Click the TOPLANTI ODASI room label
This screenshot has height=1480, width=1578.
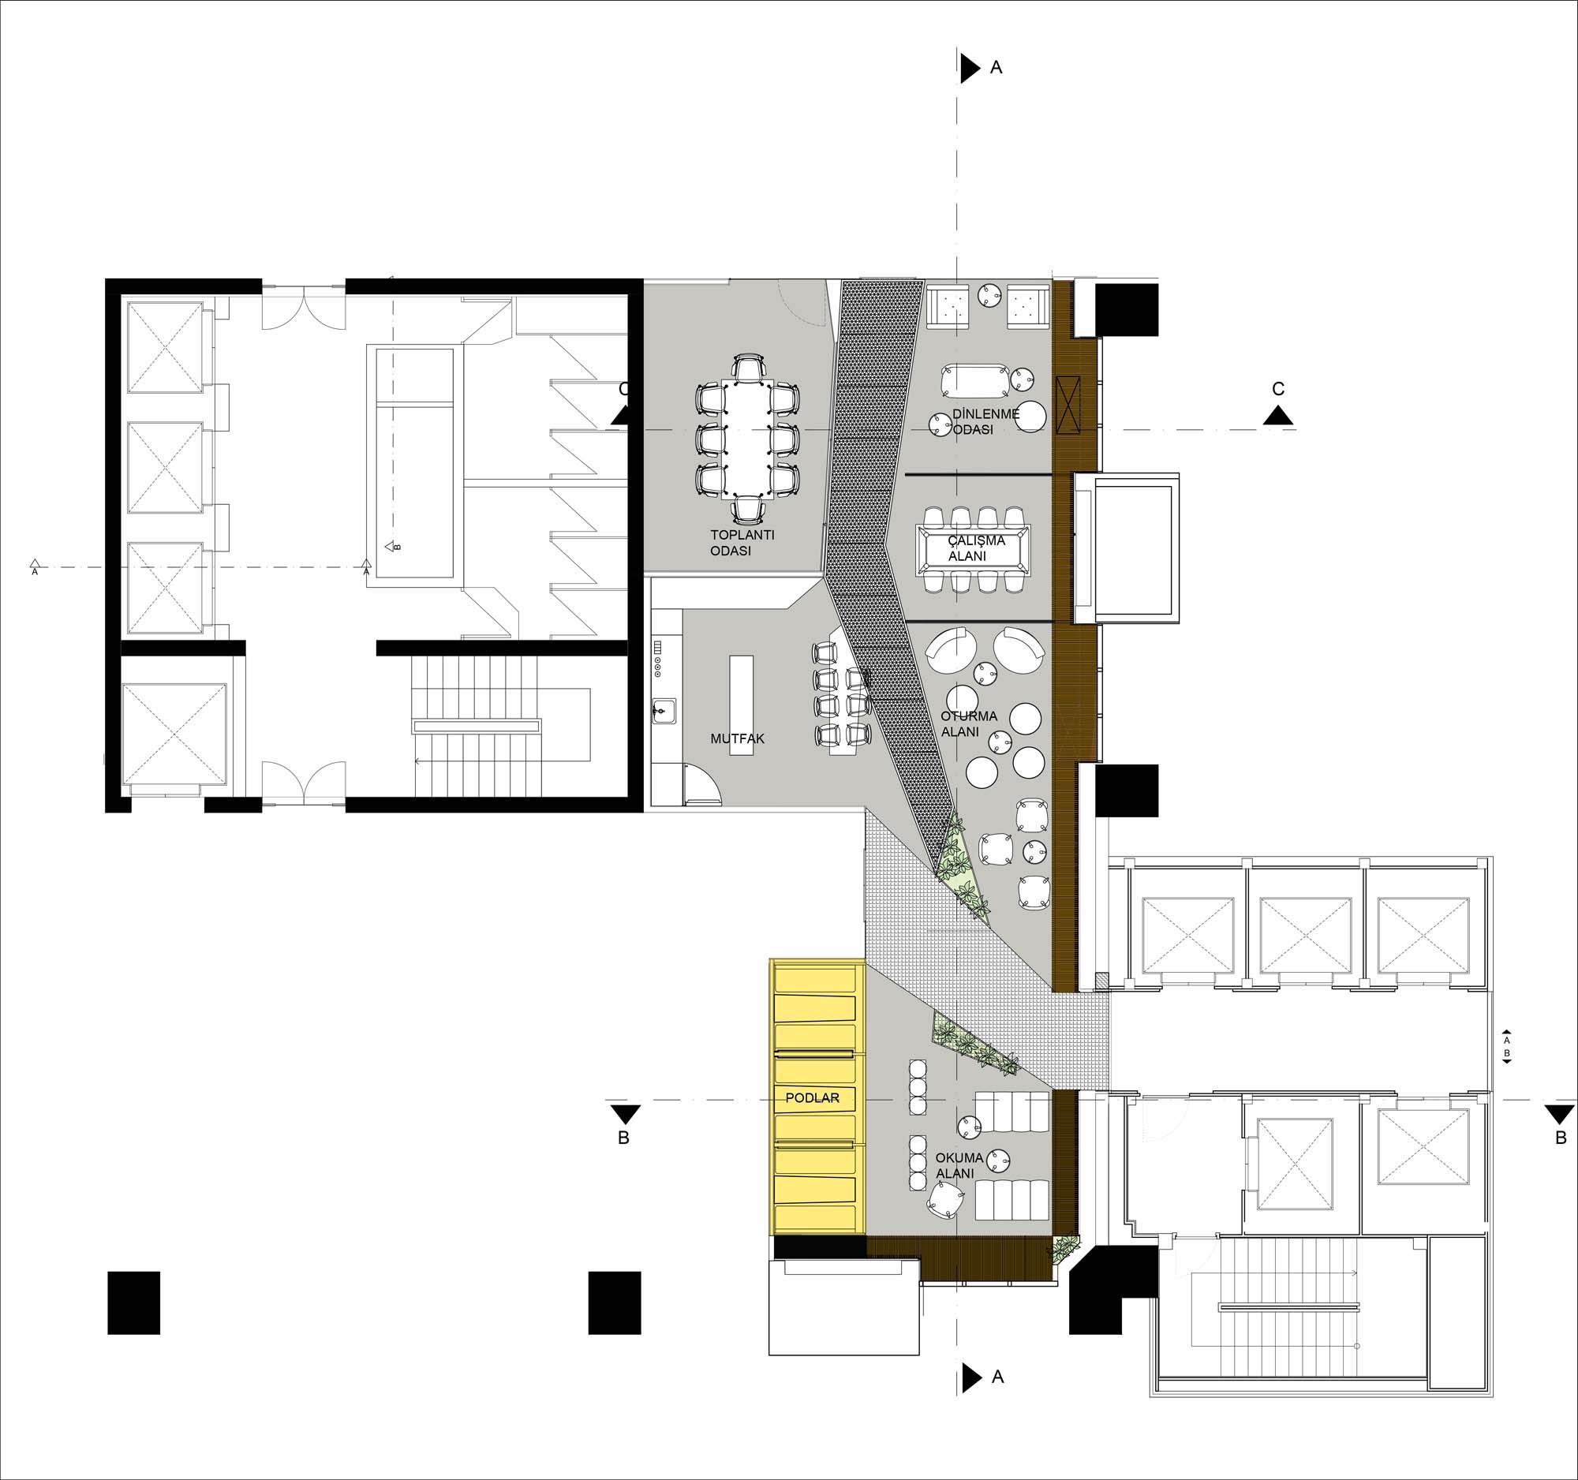pos(742,542)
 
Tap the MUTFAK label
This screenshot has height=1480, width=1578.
pos(738,738)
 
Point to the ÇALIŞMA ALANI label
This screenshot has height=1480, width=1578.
pos(976,548)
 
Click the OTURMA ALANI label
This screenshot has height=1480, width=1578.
pos(968,723)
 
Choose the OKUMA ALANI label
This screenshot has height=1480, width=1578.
pos(959,1165)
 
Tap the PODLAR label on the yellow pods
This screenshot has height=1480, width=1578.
pos(812,1098)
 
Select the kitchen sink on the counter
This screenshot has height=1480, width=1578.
pos(664,711)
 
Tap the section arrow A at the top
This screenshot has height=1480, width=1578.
pos(970,69)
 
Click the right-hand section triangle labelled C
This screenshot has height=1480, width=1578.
pos(1277,415)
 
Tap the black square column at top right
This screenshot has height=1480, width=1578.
pos(1127,310)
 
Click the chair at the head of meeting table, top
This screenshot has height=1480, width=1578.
pos(749,368)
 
